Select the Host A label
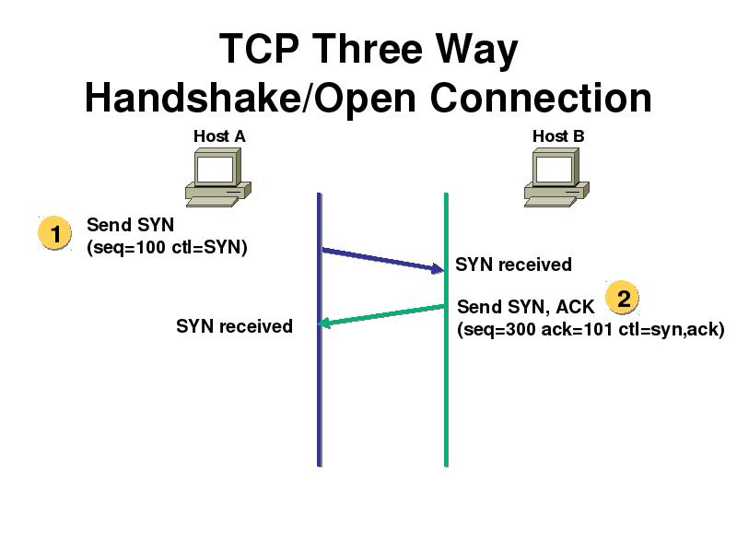[x=219, y=136]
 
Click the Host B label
[x=558, y=136]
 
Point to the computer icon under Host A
[x=217, y=177]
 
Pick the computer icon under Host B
[x=556, y=177]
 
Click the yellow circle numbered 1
[x=55, y=235]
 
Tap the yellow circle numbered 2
[x=624, y=299]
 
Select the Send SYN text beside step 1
[x=130, y=225]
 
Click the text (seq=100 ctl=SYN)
[x=167, y=248]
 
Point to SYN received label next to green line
[x=513, y=265]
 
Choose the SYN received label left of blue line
[x=234, y=325]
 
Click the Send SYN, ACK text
[x=526, y=307]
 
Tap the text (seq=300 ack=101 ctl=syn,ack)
[x=591, y=330]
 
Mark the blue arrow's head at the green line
[x=438, y=269]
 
